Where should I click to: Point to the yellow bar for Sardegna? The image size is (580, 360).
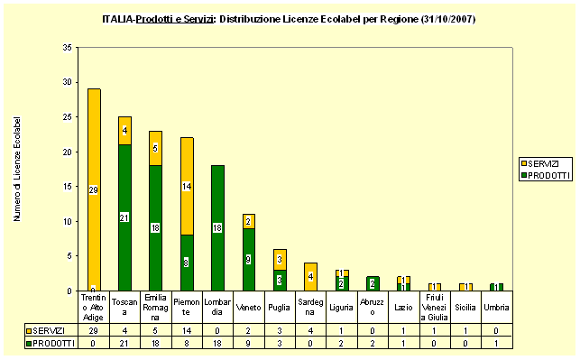311,276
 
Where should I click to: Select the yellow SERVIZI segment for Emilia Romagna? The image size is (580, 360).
156,148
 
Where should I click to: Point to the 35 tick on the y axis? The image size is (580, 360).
69,48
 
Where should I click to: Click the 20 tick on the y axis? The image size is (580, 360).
69,152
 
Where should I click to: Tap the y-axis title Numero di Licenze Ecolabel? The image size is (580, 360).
17,169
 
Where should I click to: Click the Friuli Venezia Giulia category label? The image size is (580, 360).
435,308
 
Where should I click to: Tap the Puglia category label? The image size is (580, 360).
280,308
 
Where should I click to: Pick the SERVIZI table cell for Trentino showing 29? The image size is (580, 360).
94,331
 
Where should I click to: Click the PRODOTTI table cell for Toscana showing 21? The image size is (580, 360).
125,343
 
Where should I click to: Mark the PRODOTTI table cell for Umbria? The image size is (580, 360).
497,343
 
